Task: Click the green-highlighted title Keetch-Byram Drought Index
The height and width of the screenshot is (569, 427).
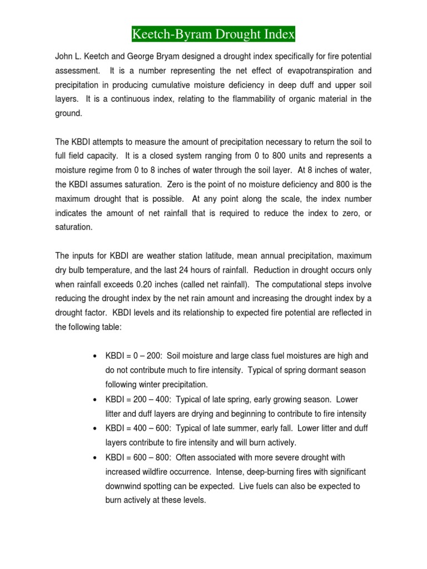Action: [213, 36]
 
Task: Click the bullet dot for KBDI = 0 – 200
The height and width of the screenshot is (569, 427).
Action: [95, 356]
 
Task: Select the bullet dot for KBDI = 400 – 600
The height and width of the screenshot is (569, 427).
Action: [95, 428]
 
